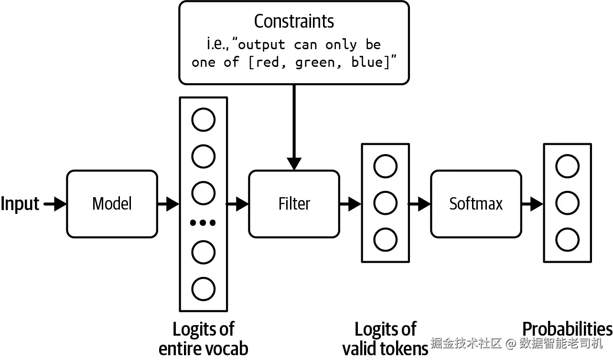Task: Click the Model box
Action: pyautogui.click(x=112, y=204)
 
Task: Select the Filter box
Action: pyautogui.click(x=294, y=204)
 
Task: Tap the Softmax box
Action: pyautogui.click(x=476, y=204)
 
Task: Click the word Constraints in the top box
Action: pyautogui.click(x=294, y=21)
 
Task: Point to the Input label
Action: pyautogui.click(x=20, y=204)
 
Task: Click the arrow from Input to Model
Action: pyautogui.click(x=55, y=204)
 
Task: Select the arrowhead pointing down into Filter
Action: pyautogui.click(x=294, y=164)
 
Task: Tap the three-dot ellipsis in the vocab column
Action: pyautogui.click(x=203, y=222)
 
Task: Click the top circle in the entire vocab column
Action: pyautogui.click(x=204, y=119)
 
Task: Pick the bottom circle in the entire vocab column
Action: pyautogui.click(x=204, y=289)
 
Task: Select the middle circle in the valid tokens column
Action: pyautogui.click(x=385, y=203)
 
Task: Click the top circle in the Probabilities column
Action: pyautogui.click(x=567, y=166)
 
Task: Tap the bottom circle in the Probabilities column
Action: pyautogui.click(x=567, y=240)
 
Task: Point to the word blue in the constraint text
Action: pyautogui.click(x=367, y=62)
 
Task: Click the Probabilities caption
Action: pyautogui.click(x=567, y=329)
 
